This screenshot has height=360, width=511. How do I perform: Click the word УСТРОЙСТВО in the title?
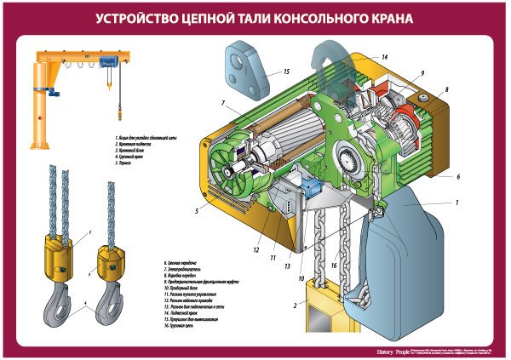137,18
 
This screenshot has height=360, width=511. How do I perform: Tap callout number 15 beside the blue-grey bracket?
287,72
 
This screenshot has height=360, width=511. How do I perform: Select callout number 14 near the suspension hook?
384,57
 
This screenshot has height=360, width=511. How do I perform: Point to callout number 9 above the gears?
421,75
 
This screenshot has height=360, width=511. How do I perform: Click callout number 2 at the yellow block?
295,304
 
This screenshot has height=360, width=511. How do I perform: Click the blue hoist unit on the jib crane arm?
107,61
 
